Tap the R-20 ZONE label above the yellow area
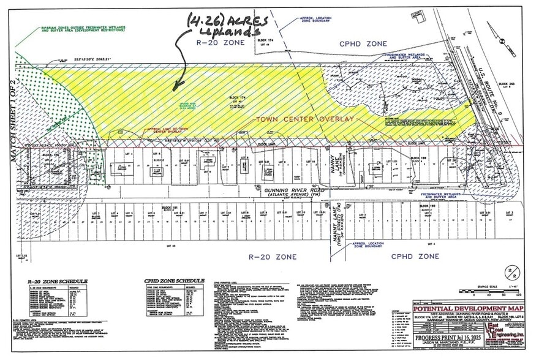(220, 43)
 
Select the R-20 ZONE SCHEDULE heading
(58, 281)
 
